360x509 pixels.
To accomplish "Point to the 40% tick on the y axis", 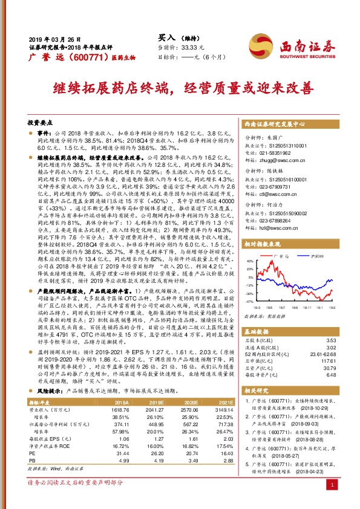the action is pos(249,261).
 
